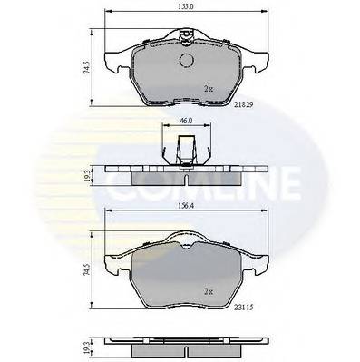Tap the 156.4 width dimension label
186,204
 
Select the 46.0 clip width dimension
185,121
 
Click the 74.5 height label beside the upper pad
87,68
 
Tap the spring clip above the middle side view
185,147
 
